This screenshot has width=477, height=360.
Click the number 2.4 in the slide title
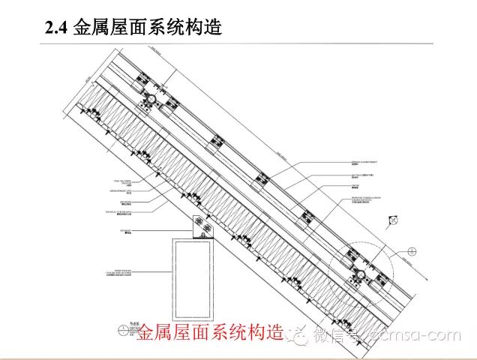point(57,28)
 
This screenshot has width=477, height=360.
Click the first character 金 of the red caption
point(147,332)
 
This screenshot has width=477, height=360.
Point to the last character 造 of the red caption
point(275,332)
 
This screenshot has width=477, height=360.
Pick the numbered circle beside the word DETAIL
point(123,328)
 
